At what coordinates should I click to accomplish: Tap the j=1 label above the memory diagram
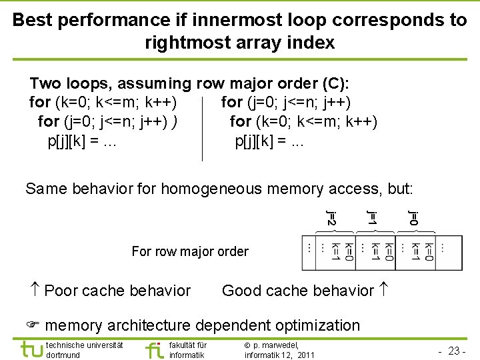(372, 217)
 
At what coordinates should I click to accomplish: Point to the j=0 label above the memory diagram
(413, 217)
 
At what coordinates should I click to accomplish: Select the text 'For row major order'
(190, 251)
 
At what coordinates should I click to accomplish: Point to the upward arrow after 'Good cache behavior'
(383, 290)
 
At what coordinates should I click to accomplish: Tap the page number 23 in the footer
(455, 349)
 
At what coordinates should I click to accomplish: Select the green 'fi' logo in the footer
(154, 349)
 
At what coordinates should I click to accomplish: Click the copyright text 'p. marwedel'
(273, 345)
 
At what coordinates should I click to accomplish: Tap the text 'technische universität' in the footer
(85, 345)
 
